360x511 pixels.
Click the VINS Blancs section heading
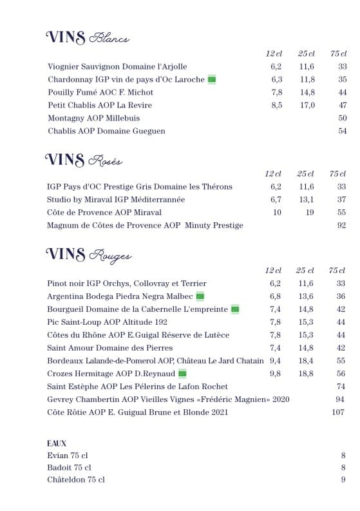(x=88, y=38)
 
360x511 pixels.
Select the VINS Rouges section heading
(x=88, y=255)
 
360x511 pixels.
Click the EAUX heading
(x=57, y=443)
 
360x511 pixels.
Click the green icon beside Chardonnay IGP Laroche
(x=212, y=80)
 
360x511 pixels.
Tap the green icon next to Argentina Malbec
(x=200, y=296)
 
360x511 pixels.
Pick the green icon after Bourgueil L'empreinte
(x=235, y=309)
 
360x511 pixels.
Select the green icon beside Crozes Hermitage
(x=182, y=374)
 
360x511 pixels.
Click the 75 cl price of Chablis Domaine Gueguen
(x=342, y=131)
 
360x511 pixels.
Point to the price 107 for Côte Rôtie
(x=339, y=412)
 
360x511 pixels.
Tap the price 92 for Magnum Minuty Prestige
(x=341, y=226)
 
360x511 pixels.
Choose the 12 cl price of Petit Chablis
(x=276, y=106)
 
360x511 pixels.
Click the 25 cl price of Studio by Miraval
(x=306, y=200)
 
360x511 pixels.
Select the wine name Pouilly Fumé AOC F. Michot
(x=100, y=93)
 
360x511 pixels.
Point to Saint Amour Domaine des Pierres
(x=101, y=348)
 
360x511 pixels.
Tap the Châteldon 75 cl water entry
(x=75, y=480)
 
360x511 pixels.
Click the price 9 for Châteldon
(x=343, y=480)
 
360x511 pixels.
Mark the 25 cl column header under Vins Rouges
(x=305, y=271)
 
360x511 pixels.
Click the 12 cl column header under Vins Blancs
(x=274, y=53)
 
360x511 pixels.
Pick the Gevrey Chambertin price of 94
(x=340, y=400)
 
